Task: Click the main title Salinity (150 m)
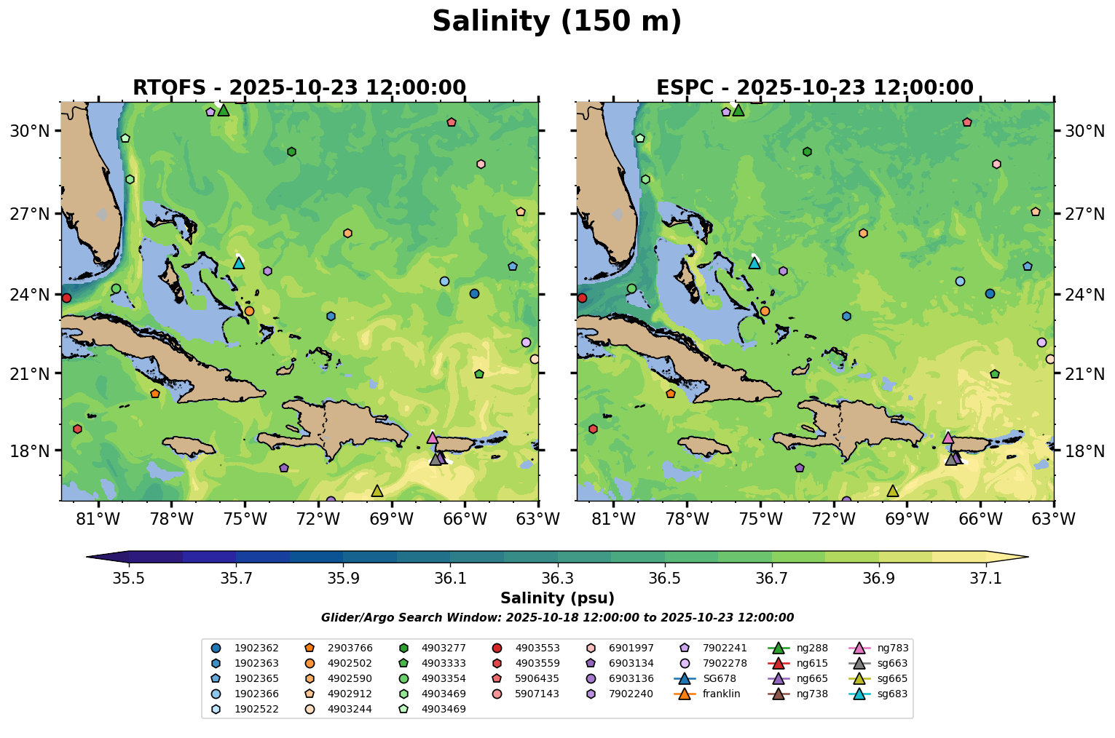[556, 22]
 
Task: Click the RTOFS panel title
[299, 88]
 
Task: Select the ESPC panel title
[814, 88]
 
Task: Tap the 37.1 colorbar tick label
[986, 578]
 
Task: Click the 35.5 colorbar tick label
[129, 578]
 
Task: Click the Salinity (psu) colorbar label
[557, 598]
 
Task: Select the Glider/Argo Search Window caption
[557, 618]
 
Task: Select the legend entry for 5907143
[527, 694]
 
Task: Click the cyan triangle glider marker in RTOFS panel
[239, 263]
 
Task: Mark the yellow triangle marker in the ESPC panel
[892, 491]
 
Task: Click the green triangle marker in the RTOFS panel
[224, 110]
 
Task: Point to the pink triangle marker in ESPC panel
[947, 437]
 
